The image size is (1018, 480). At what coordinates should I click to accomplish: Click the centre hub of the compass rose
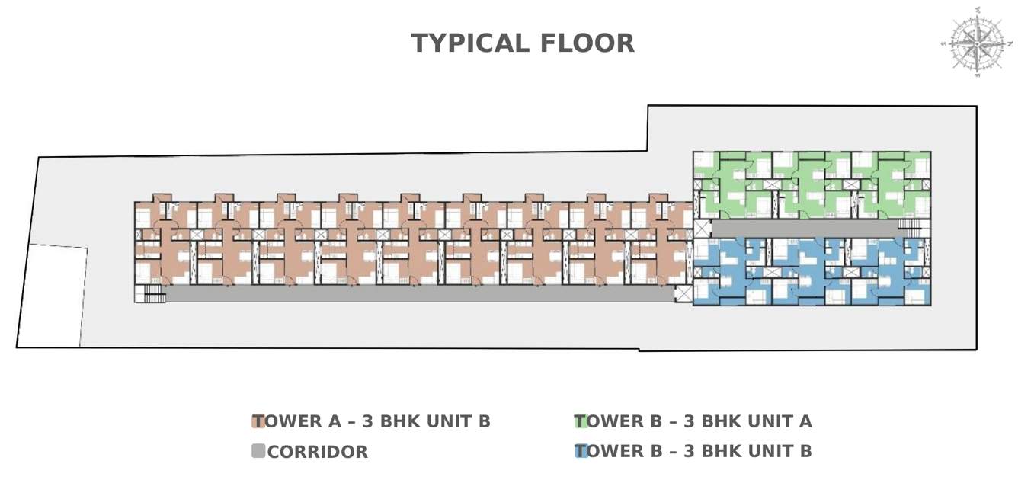(x=977, y=43)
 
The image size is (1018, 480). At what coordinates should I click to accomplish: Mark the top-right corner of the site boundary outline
(x=977, y=107)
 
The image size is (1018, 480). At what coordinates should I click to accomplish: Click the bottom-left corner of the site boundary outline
(x=17, y=347)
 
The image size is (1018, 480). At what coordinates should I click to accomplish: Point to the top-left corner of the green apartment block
(x=693, y=152)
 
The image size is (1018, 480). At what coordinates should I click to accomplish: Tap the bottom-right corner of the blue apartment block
(x=930, y=305)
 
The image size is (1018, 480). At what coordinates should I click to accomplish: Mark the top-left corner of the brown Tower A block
(x=135, y=202)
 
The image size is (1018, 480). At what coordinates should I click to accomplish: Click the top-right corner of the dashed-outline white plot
(x=88, y=248)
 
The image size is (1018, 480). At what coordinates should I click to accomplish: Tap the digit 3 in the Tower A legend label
(x=368, y=421)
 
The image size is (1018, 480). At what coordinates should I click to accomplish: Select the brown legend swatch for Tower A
(x=258, y=421)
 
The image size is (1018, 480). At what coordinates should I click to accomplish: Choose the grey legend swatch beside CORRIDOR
(x=258, y=451)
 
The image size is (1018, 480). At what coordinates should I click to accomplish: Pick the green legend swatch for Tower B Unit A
(x=581, y=421)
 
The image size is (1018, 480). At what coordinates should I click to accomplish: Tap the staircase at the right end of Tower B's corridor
(x=908, y=224)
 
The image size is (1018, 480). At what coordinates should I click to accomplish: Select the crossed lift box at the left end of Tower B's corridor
(x=702, y=229)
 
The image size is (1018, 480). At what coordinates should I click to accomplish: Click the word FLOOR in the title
(x=587, y=43)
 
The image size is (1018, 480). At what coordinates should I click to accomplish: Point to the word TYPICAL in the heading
(x=470, y=43)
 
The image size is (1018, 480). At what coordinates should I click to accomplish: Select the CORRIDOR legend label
(x=317, y=452)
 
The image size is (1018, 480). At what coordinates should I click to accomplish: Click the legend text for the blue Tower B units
(x=693, y=451)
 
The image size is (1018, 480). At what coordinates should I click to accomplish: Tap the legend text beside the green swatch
(x=693, y=421)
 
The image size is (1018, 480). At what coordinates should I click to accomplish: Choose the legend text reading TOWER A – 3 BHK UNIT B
(x=372, y=421)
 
